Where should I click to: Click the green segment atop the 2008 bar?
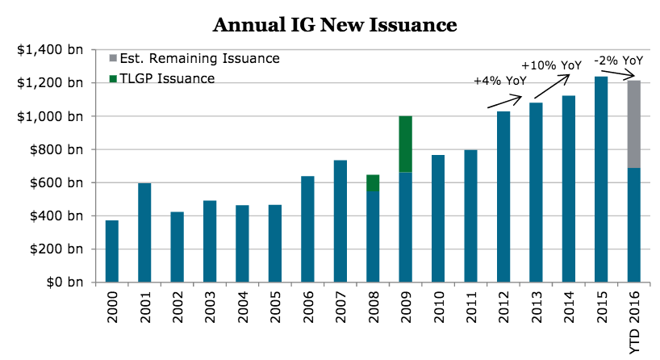(372, 183)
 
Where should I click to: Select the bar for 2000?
(111, 251)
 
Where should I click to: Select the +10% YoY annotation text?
(552, 65)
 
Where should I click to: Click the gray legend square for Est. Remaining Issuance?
(112, 58)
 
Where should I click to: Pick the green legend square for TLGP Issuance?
(112, 78)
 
